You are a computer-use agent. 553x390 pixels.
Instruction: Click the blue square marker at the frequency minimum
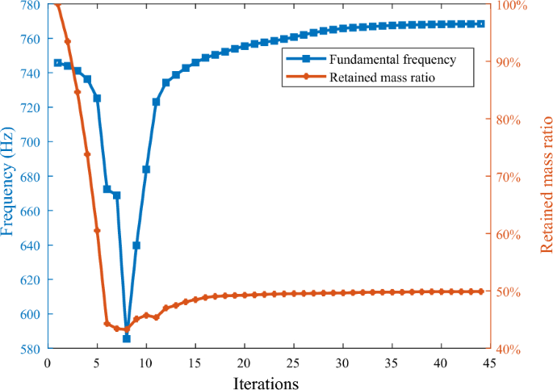pyautogui.click(x=127, y=339)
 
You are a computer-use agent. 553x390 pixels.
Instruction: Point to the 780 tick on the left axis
pyautogui.click(x=29, y=5)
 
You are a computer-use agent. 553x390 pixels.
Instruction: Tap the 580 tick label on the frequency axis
pyautogui.click(x=29, y=349)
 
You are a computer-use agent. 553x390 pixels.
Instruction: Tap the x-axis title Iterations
pyautogui.click(x=269, y=381)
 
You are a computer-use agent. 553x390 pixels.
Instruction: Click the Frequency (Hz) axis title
pyautogui.click(x=8, y=178)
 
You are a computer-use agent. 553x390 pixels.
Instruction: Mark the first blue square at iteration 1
pyautogui.click(x=57, y=63)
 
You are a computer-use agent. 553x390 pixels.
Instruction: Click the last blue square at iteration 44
pyautogui.click(x=480, y=24)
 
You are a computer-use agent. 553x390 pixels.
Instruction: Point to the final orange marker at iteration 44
pyautogui.click(x=480, y=291)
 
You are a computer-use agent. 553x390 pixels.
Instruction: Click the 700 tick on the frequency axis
pyautogui.click(x=29, y=142)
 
